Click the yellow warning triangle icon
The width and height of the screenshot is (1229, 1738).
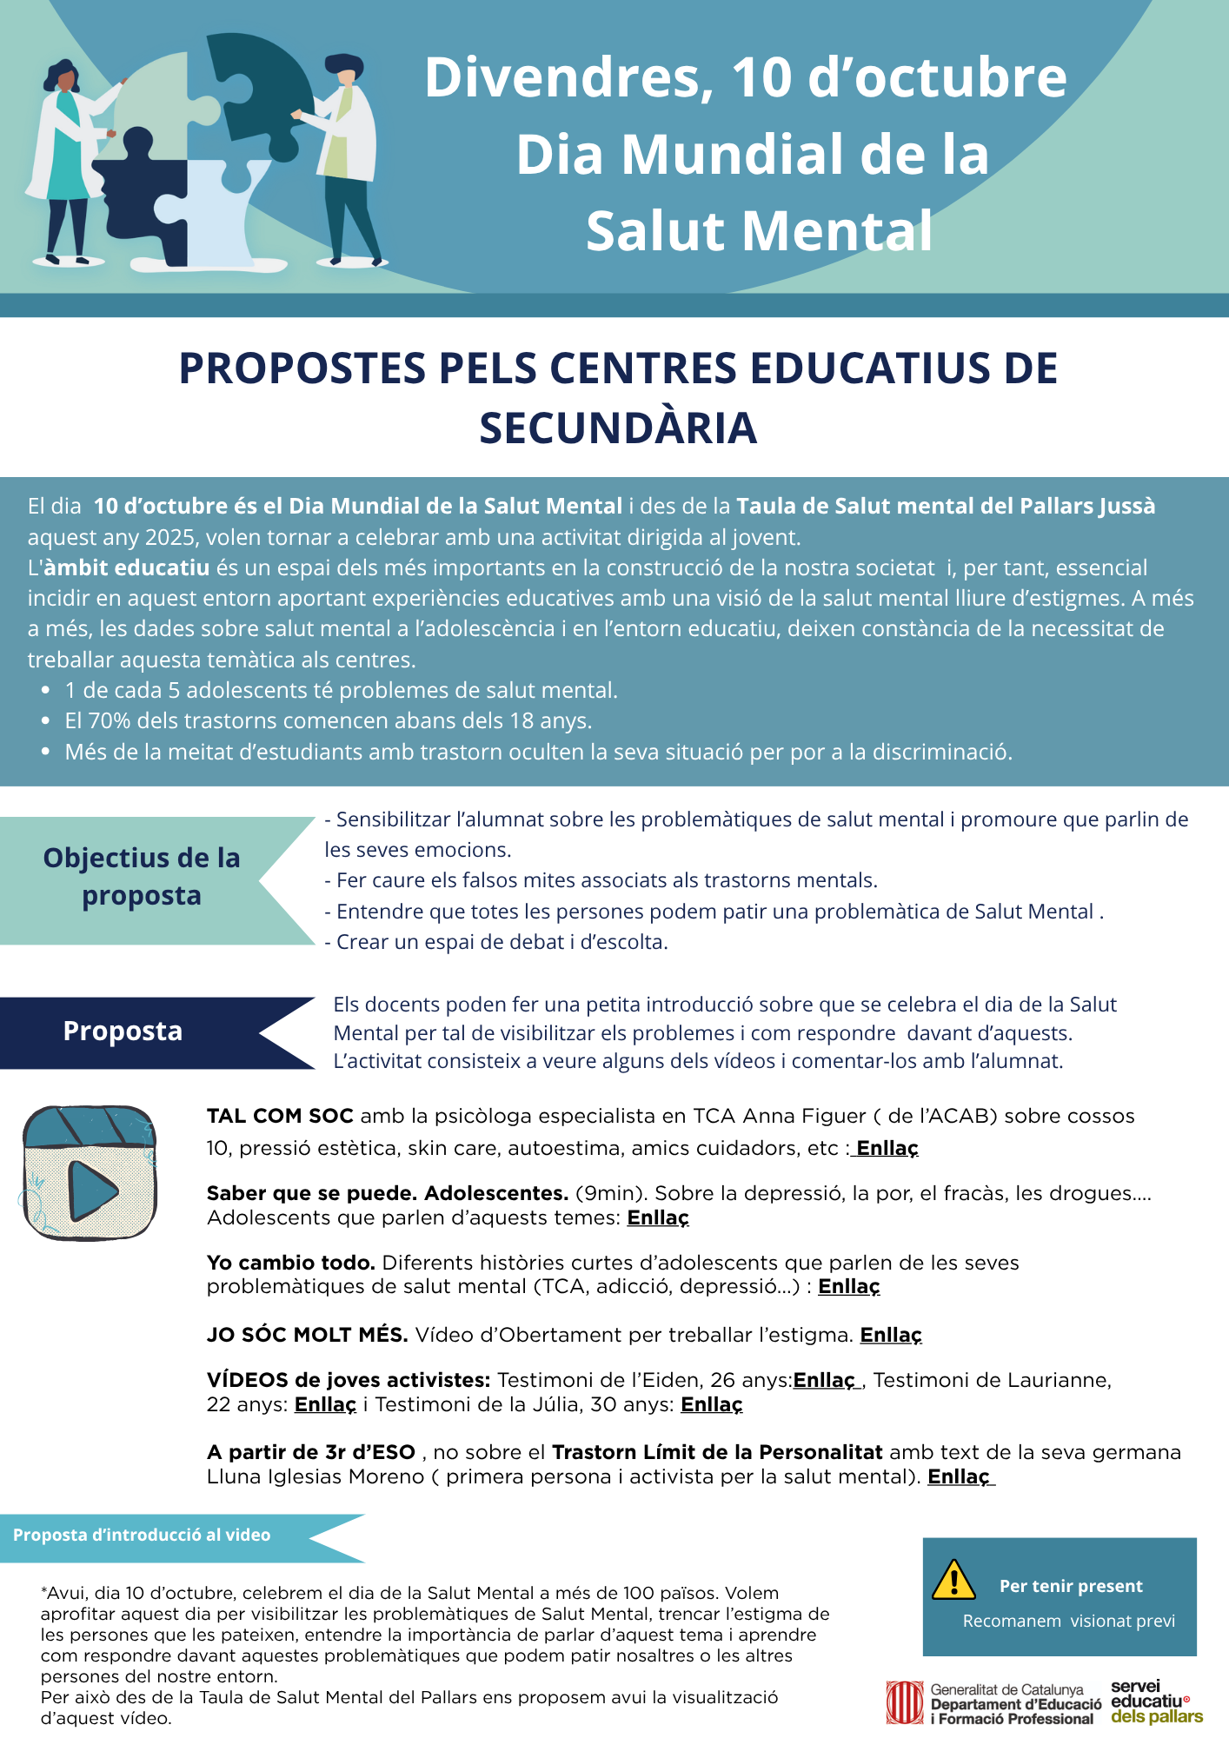953,1580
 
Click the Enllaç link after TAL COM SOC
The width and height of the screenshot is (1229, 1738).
887,1148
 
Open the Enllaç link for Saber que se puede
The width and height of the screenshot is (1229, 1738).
658,1217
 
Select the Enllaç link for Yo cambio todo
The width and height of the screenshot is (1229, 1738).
849,1286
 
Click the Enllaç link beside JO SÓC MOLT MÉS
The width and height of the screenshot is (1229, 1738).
891,1335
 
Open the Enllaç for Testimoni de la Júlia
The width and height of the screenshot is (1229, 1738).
712,1404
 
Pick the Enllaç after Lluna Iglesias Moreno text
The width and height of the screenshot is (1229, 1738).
960,1476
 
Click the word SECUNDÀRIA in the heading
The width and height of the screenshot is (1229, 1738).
618,428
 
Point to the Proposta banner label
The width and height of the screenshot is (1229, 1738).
123,1032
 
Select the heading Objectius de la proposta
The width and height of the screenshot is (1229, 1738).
142,876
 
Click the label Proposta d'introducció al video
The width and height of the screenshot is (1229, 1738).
142,1535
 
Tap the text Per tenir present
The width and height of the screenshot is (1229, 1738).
1071,1586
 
